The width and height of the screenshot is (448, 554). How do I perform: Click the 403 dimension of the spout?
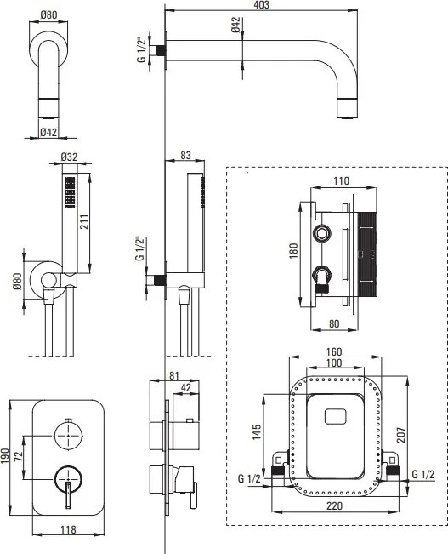click(x=261, y=4)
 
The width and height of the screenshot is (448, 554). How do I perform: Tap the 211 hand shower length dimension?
click(x=84, y=221)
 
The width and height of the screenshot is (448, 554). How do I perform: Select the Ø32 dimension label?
click(x=69, y=157)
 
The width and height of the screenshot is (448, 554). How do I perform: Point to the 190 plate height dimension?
click(x=4, y=456)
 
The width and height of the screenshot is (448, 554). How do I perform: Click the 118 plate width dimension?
click(x=68, y=529)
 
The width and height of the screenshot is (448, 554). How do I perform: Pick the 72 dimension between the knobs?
click(x=19, y=456)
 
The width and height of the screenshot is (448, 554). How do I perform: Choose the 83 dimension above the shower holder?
click(x=185, y=155)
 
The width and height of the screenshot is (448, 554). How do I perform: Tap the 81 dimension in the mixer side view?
click(x=174, y=375)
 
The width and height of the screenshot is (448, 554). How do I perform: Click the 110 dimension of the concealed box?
click(x=342, y=181)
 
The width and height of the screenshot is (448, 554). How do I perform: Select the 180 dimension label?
click(x=294, y=250)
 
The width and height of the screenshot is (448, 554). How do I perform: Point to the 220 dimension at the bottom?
click(x=334, y=505)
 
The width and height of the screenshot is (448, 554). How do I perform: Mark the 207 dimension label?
click(x=402, y=435)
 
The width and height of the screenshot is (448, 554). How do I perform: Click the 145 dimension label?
click(x=257, y=431)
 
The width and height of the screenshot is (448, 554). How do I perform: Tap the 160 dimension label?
click(x=334, y=352)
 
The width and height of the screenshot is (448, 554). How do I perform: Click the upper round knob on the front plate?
click(x=68, y=436)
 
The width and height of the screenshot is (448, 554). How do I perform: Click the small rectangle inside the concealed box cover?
click(x=336, y=416)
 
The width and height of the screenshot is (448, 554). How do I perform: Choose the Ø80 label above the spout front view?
click(x=48, y=14)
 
